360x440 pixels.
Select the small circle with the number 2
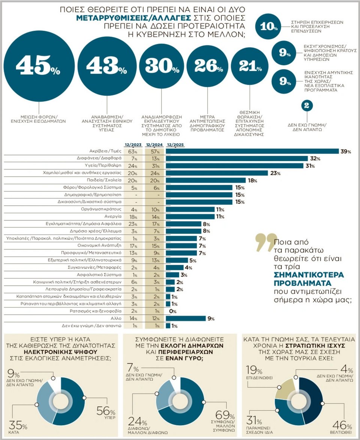pyautogui.click(x=306, y=106)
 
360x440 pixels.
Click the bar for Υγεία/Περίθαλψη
pyautogui.click(x=234, y=166)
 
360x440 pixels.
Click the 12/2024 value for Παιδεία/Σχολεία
pyautogui.click(x=154, y=180)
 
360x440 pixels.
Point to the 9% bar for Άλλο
pyautogui.click(x=186, y=318)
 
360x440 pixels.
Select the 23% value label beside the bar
pyautogui.click(x=275, y=173)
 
